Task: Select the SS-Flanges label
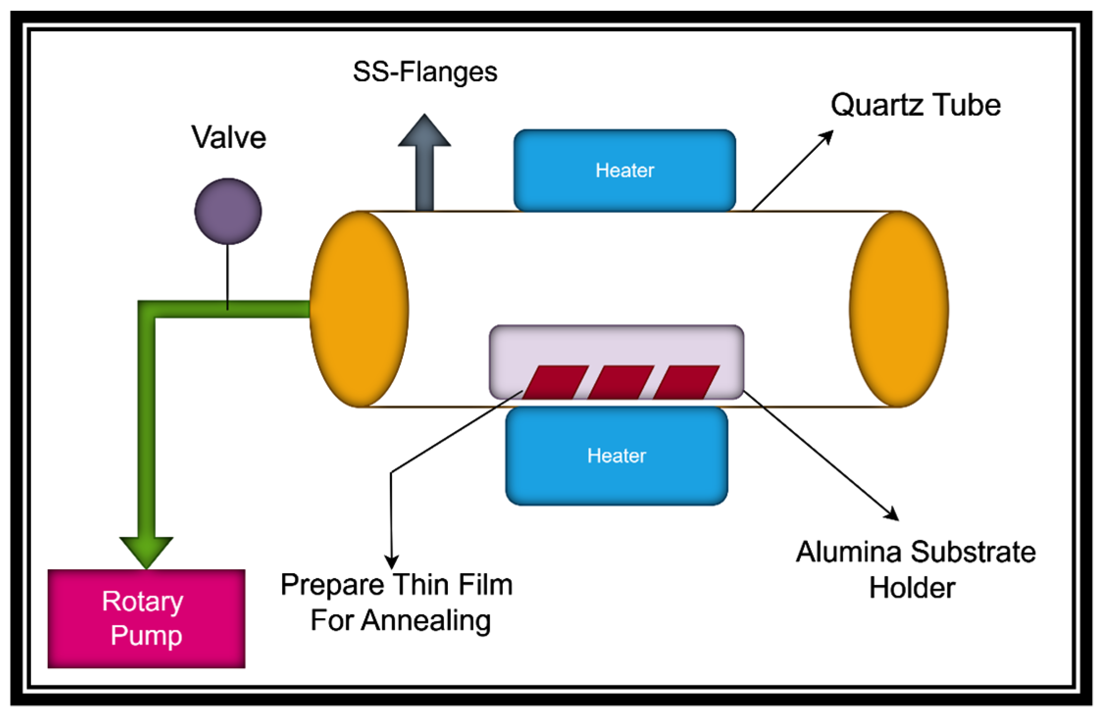tap(425, 72)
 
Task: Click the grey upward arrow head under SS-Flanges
tap(424, 132)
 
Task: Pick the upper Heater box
tap(625, 170)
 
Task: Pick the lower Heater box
tap(616, 456)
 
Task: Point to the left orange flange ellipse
tap(359, 309)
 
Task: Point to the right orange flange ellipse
tap(899, 309)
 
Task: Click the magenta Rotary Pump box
tap(146, 619)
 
